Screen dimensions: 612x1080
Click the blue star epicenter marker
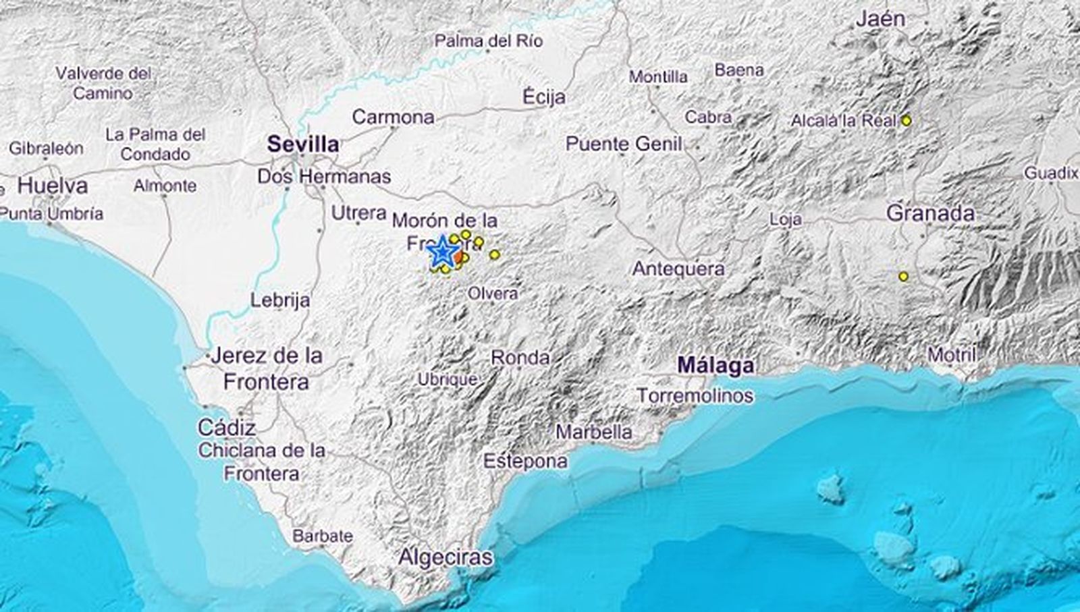click(442, 252)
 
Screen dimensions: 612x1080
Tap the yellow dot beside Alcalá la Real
click(907, 121)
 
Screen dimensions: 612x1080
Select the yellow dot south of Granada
click(903, 276)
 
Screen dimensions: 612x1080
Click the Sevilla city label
click(303, 144)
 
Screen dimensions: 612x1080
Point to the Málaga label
click(715, 366)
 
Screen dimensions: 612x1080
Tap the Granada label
click(930, 213)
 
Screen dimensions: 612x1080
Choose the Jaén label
click(880, 19)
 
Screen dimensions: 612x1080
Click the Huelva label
click(53, 186)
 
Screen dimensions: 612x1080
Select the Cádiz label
click(227, 427)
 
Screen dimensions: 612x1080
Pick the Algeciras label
click(445, 557)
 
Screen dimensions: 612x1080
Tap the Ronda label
click(520, 357)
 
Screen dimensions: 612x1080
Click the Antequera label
click(678, 269)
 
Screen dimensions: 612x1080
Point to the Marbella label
click(594, 432)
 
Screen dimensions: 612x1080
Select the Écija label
click(544, 96)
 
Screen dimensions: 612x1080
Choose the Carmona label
click(394, 117)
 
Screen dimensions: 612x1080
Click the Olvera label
click(493, 294)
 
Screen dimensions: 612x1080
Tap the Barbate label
click(323, 536)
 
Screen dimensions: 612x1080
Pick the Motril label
click(952, 354)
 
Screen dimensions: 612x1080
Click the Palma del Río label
click(488, 41)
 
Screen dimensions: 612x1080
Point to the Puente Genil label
click(624, 144)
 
